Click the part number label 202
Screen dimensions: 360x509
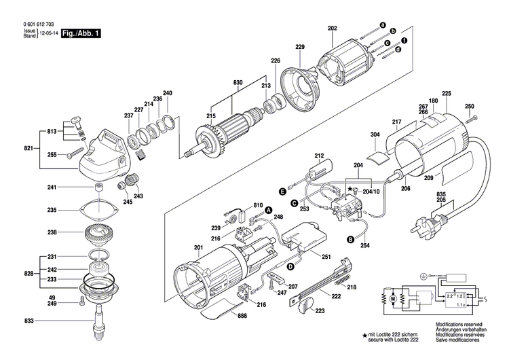pyautogui.click(x=332, y=29)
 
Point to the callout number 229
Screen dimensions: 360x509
pyautogui.click(x=300, y=47)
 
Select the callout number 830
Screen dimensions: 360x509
pyautogui.click(x=238, y=82)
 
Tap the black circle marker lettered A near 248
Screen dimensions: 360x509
pyautogui.click(x=267, y=211)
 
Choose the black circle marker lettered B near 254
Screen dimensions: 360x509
pyautogui.click(x=350, y=239)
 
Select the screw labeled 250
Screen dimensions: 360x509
pyautogui.click(x=473, y=119)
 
